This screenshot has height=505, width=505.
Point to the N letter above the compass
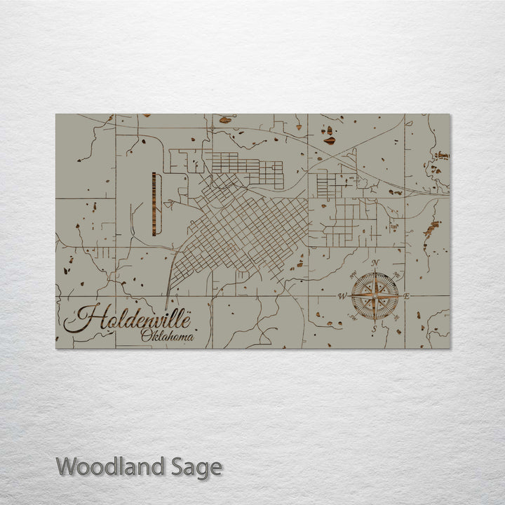pyautogui.click(x=375, y=263)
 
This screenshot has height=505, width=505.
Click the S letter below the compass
pyautogui.click(x=375, y=328)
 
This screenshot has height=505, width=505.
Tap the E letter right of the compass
pyautogui.click(x=407, y=296)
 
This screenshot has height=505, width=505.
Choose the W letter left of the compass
pyautogui.click(x=342, y=296)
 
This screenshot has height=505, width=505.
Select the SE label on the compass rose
pyautogui.click(x=396, y=318)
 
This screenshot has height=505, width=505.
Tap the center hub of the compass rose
pyautogui.click(x=375, y=296)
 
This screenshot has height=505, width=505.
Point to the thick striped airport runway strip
pyautogui.click(x=152, y=205)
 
